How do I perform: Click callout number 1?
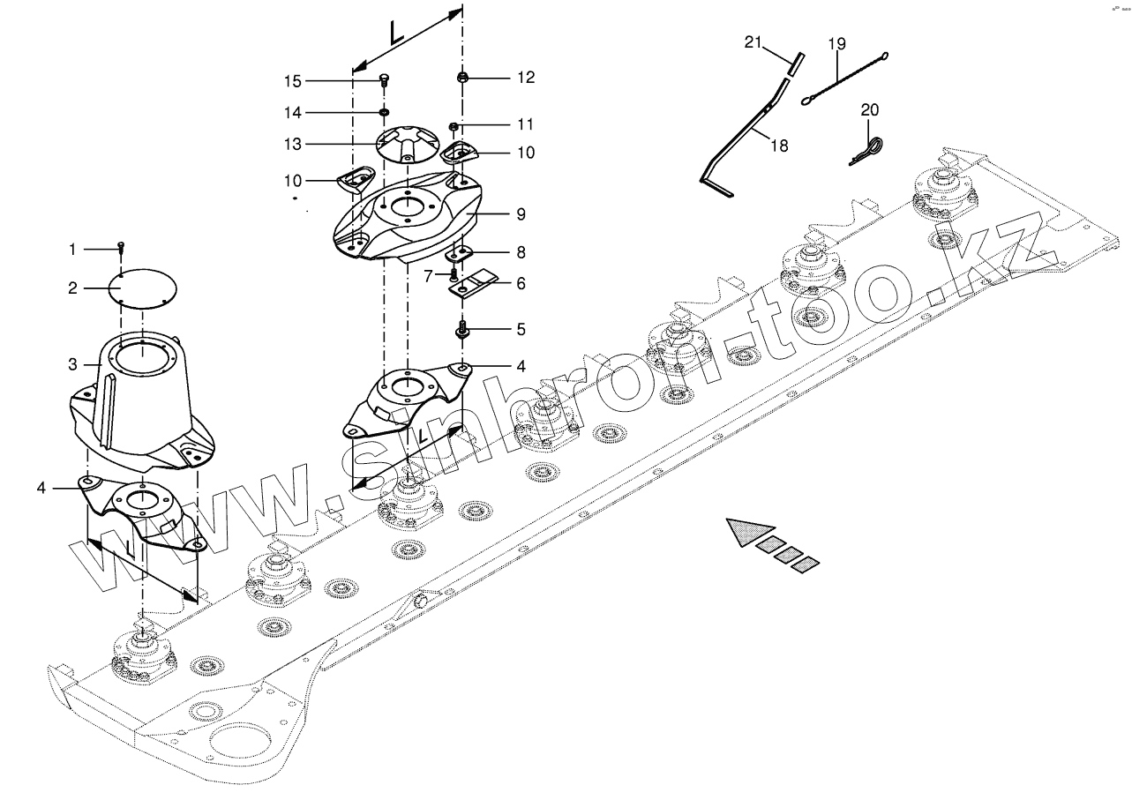pyautogui.click(x=72, y=250)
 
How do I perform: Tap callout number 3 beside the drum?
pyautogui.click(x=73, y=363)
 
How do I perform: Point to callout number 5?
pyautogui.click(x=521, y=330)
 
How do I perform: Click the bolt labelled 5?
pyautogui.click(x=461, y=331)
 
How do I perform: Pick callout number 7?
pyautogui.click(x=428, y=276)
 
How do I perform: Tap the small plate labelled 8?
pyautogui.click(x=459, y=253)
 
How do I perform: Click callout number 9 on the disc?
pyautogui.click(x=521, y=213)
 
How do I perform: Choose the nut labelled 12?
pyautogui.click(x=462, y=79)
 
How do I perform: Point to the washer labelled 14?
pyautogui.click(x=385, y=112)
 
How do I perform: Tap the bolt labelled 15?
pyautogui.click(x=384, y=80)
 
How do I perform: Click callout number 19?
pyautogui.click(x=836, y=42)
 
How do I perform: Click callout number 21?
pyautogui.click(x=752, y=41)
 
